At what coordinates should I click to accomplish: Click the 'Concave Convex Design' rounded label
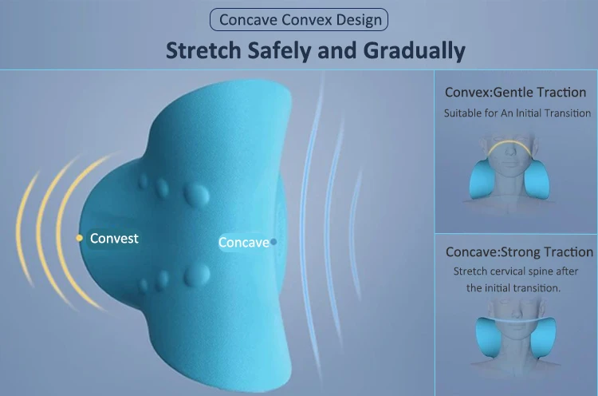tap(299, 19)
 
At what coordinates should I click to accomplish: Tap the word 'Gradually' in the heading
tap(414, 51)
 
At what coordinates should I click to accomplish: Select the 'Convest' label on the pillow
tap(114, 238)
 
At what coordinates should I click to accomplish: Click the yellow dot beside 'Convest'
tap(79, 238)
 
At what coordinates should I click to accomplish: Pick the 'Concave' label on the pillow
tap(244, 242)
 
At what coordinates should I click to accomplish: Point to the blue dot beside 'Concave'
tap(273, 242)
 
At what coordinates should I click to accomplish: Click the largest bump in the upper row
tap(196, 194)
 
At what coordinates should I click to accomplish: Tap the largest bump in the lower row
tap(197, 275)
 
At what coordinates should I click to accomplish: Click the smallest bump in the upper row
tap(144, 181)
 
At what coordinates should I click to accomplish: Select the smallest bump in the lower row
tap(144, 285)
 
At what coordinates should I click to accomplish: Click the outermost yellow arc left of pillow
tap(25, 228)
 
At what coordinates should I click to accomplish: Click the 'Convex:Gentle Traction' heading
tap(515, 93)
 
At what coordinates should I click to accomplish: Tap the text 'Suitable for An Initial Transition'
tap(517, 113)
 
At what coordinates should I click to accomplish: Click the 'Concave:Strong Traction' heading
tap(519, 252)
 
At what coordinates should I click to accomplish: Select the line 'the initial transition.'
tap(513, 288)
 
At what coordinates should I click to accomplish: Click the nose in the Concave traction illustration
tap(515, 312)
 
